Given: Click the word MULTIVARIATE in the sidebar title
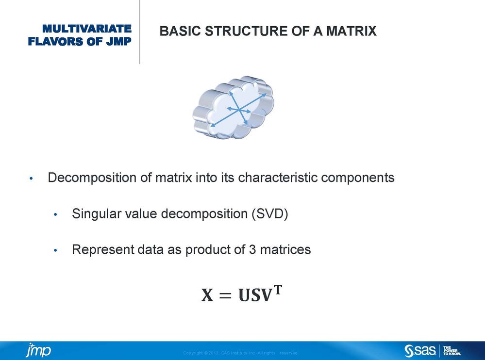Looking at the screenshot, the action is (x=87, y=29).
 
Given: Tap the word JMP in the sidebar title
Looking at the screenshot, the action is (x=119, y=41).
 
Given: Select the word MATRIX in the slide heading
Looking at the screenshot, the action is (x=351, y=31).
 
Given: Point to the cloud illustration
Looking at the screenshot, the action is (x=234, y=107).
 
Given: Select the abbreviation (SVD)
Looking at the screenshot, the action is (x=270, y=214).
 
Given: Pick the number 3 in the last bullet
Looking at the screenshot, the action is (x=252, y=249).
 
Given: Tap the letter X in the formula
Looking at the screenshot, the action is (x=207, y=295).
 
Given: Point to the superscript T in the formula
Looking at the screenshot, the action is (x=278, y=290).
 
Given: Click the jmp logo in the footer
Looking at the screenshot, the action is (x=38, y=350).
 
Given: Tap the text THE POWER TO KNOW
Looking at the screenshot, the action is (x=452, y=350).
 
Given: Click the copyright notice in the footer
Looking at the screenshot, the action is (x=240, y=353).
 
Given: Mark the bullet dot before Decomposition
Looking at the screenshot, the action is (x=31, y=178).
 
